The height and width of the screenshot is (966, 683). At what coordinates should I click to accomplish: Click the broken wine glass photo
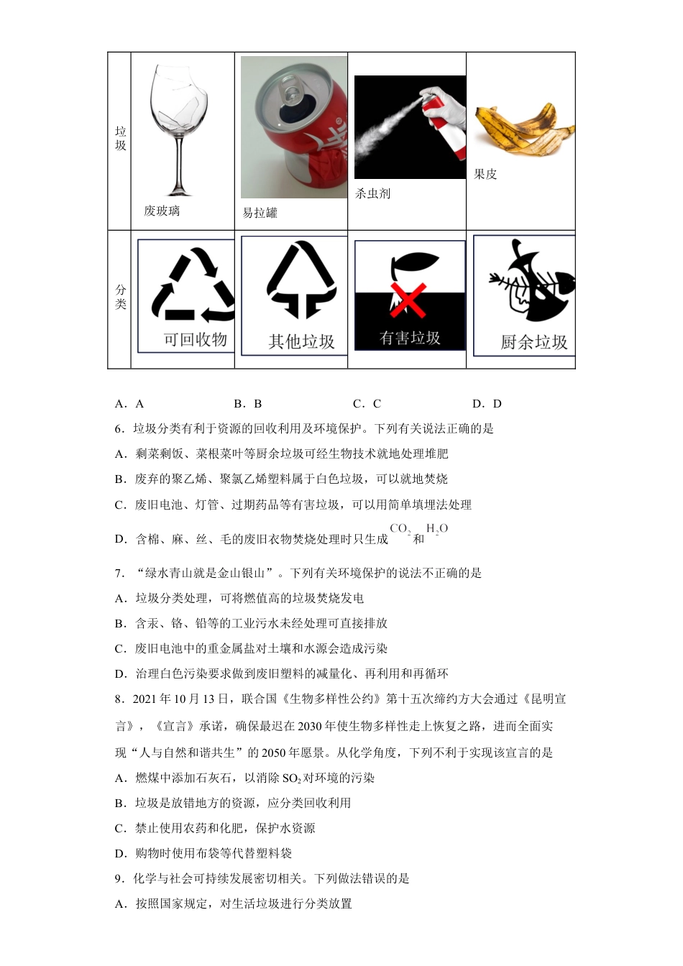[x=179, y=129]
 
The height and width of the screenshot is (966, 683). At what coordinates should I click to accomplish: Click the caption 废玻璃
[x=162, y=211]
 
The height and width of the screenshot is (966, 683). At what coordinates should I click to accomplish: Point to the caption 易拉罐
[x=260, y=213]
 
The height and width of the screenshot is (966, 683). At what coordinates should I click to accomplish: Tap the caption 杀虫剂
[x=372, y=193]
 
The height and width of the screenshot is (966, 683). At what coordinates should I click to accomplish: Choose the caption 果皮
[x=485, y=174]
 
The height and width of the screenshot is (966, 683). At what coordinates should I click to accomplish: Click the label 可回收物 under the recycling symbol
[x=195, y=339]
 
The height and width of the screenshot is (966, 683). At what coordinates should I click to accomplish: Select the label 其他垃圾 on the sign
[x=301, y=341]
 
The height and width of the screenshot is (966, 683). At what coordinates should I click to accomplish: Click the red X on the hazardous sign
[x=408, y=299]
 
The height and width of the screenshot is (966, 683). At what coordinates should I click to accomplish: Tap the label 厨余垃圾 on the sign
[x=533, y=342]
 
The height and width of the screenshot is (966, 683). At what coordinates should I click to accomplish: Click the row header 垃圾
[x=120, y=138]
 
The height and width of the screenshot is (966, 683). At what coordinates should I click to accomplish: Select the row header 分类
[x=120, y=297]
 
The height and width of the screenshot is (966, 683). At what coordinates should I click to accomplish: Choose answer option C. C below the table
[x=367, y=404]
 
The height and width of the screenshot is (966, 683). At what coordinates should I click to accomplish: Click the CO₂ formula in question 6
[x=400, y=529]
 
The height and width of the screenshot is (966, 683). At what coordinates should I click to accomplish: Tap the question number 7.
[x=119, y=573]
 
